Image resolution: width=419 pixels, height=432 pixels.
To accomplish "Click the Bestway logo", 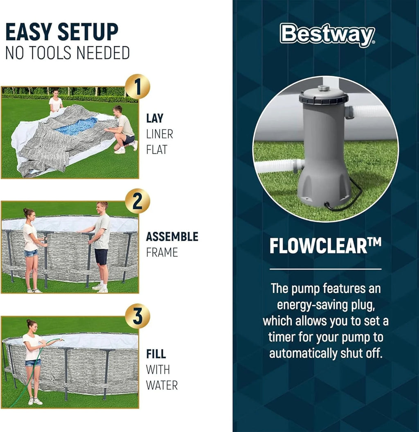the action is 327,35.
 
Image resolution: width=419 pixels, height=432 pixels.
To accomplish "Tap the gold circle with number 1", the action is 137,87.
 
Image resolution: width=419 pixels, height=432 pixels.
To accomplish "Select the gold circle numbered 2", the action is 137,201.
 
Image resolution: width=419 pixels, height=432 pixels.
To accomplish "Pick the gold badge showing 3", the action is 137,316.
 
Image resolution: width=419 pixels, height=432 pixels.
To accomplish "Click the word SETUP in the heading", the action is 88,32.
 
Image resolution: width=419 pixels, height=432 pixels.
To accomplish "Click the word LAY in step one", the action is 155,118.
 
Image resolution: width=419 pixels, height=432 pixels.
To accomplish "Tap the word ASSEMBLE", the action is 172,237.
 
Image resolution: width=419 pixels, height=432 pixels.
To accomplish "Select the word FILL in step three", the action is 156,354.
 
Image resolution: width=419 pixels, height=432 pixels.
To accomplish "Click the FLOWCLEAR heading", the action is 325,246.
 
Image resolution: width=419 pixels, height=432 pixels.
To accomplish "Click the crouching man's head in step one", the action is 117,110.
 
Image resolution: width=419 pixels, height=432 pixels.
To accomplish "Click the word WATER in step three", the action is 162,385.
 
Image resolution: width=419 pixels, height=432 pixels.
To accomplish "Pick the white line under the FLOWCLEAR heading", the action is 325,269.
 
